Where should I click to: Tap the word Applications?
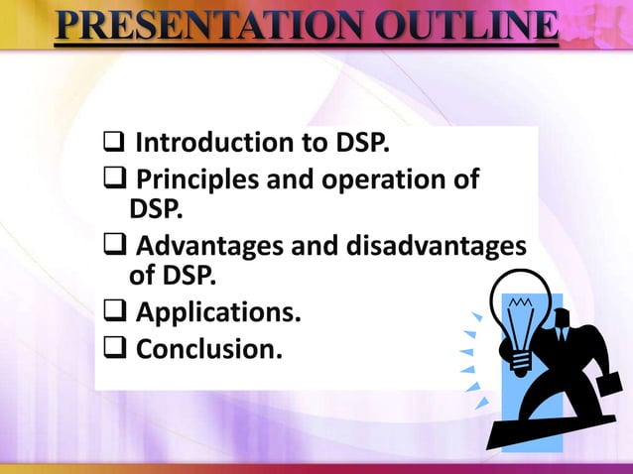click(217, 314)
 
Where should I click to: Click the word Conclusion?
click(206, 349)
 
